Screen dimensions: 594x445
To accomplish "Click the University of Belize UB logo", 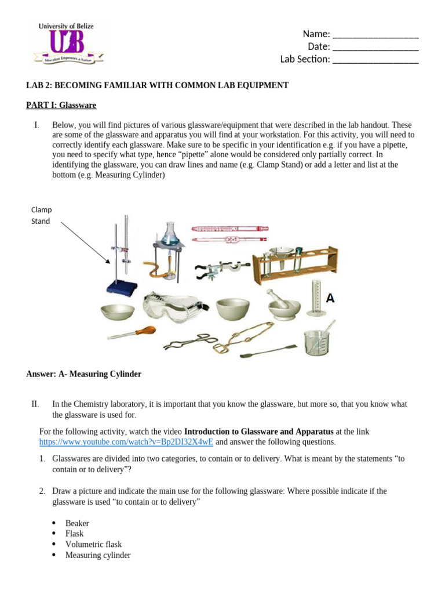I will tap(68, 44).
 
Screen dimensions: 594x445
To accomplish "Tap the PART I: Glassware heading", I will tap(61, 105).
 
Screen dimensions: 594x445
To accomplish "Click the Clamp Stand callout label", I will tap(41, 215).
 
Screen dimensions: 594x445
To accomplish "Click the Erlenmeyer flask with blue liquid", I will tap(169, 232).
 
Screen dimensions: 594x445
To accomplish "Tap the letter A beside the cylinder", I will tap(330, 299).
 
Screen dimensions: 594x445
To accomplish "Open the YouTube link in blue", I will tap(126, 441).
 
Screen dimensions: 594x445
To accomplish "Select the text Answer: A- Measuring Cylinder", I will tap(83, 374).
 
